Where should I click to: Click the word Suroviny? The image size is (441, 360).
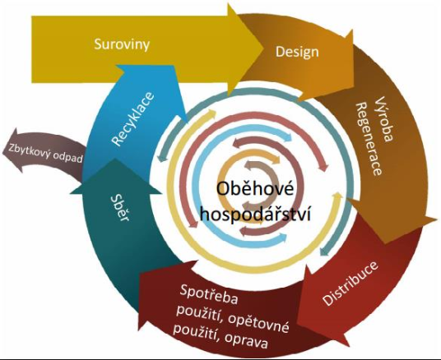[122, 44]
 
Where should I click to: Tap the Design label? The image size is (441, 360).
[297, 52]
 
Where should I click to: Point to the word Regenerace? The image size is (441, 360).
[369, 139]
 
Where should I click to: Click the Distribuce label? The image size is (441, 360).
[350, 284]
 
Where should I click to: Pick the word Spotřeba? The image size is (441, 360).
[209, 294]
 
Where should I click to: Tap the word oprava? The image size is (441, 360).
[246, 340]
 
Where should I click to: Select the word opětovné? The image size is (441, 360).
[258, 323]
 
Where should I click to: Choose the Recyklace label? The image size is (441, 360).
[133, 118]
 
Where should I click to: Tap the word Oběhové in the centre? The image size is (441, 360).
[255, 189]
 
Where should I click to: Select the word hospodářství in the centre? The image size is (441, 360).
[256, 215]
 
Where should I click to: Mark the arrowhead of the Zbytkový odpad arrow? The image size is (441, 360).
[13, 150]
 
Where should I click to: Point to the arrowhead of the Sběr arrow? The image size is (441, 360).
[115, 176]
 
